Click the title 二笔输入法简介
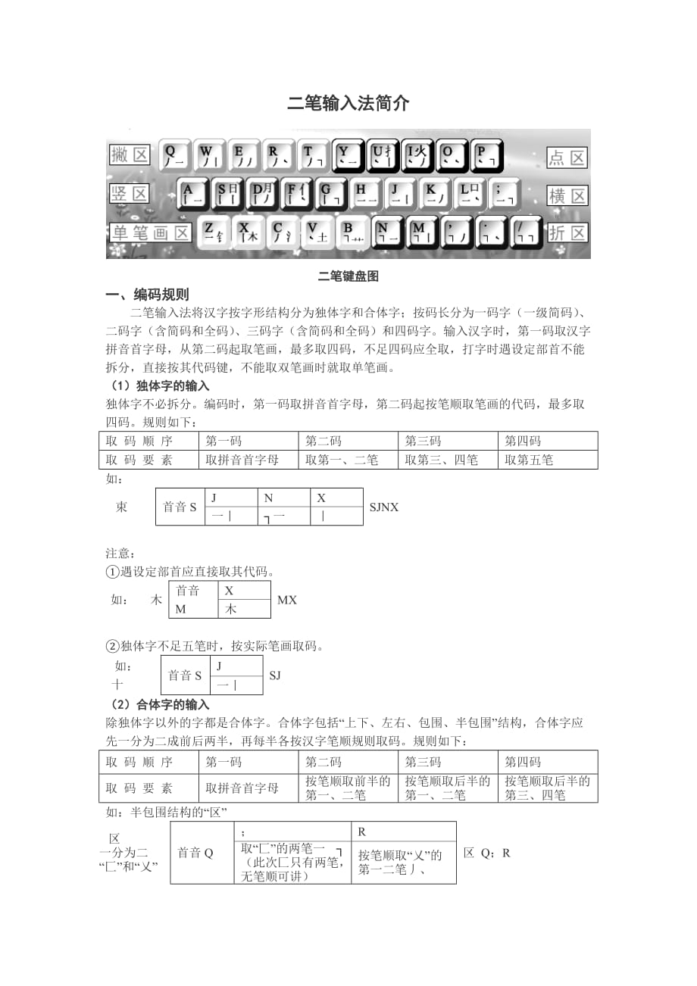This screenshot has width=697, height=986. (x=348, y=104)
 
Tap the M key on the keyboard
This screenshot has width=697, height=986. (x=423, y=232)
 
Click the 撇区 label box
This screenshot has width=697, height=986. (x=130, y=155)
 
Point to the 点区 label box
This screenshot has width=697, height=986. (x=567, y=158)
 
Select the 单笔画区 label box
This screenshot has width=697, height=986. (x=150, y=232)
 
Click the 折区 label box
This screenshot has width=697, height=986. (x=567, y=232)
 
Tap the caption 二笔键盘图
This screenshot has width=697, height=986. (x=348, y=276)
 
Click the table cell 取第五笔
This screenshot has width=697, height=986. (x=530, y=460)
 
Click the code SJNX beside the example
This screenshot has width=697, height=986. (x=384, y=507)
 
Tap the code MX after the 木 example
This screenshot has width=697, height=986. (x=287, y=600)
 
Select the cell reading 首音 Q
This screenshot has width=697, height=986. (x=195, y=853)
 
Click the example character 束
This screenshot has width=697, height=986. (x=121, y=507)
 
